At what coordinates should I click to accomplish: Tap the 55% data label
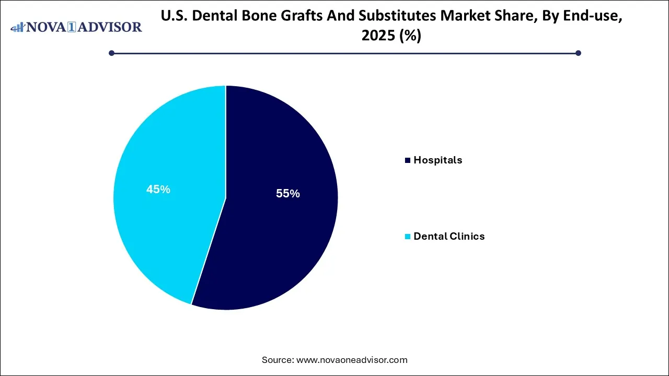tap(288, 194)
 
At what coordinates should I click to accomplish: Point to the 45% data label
tap(158, 190)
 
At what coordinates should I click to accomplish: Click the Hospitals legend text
tap(437, 160)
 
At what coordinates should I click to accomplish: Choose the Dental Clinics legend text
tap(449, 237)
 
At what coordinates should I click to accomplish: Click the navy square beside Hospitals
tap(408, 160)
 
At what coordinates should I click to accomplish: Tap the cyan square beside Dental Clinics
tap(408, 237)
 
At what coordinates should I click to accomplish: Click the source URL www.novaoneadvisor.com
tap(352, 360)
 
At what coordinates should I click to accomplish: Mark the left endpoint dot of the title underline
tap(111, 53)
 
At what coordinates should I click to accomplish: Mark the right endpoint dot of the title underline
tap(578, 53)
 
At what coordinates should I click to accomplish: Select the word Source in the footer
tap(277, 360)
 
